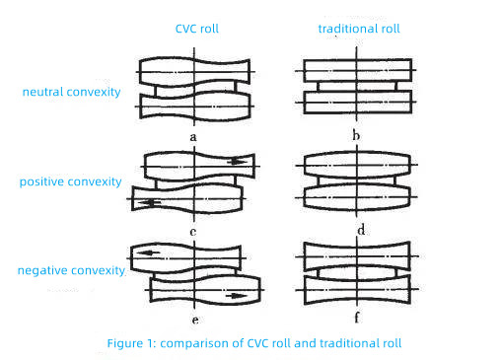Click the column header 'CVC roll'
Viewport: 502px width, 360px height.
(x=196, y=29)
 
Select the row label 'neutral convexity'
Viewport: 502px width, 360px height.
(x=71, y=92)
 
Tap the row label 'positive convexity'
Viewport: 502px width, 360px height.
(x=70, y=181)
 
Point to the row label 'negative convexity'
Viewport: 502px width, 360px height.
(x=71, y=269)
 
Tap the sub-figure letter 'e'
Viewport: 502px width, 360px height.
(x=195, y=320)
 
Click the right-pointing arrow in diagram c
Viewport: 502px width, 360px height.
(x=237, y=161)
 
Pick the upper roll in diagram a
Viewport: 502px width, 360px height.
(x=195, y=72)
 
